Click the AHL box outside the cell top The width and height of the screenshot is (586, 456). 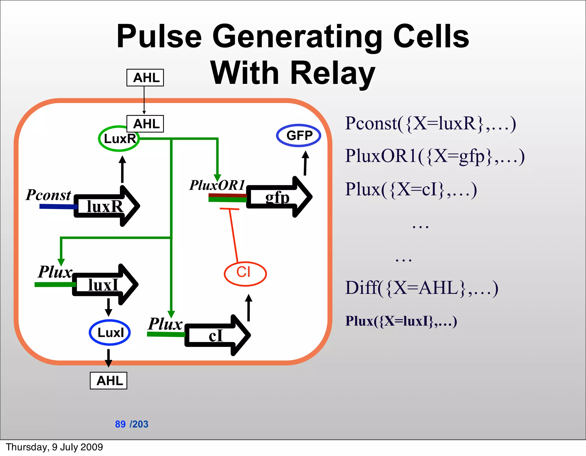[x=145, y=78]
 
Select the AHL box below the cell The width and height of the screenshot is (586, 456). [x=108, y=380]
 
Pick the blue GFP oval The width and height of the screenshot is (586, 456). [x=298, y=135]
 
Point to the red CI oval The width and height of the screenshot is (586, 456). [x=245, y=274]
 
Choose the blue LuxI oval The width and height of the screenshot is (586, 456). [x=110, y=332]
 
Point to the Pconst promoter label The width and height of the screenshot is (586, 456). [x=48, y=195]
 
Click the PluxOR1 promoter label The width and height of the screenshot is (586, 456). [x=217, y=185]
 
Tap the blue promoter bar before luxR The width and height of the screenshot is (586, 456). [x=57, y=206]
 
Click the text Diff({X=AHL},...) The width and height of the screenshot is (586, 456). [x=421, y=288]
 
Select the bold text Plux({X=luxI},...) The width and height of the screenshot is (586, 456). [x=401, y=321]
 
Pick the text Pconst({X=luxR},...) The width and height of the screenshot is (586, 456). [x=430, y=123]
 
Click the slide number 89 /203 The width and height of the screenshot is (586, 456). [x=132, y=424]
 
